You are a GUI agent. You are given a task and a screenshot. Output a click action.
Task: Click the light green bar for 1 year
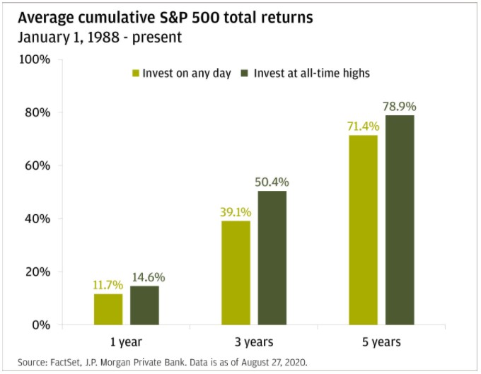(108, 309)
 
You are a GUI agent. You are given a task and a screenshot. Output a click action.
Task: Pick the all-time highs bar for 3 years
(272, 258)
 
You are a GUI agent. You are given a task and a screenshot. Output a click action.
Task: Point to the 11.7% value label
(108, 285)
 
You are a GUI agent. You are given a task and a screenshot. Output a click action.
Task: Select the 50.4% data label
(272, 182)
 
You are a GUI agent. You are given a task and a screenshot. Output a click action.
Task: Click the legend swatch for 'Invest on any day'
(135, 73)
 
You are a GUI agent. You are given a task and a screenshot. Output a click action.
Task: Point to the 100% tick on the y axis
(33, 59)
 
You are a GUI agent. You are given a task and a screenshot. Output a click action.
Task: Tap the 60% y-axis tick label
(36, 165)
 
